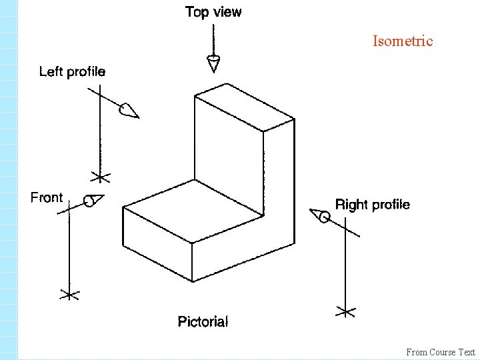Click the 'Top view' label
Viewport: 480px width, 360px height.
coord(213,12)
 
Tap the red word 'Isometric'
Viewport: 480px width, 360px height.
coord(403,41)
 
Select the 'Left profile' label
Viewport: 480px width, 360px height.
coord(72,71)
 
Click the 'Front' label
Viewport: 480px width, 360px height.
coord(47,197)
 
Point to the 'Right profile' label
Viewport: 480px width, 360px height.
coord(372,205)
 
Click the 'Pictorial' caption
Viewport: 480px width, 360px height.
coord(203,322)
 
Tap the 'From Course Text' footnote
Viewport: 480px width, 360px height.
coord(441,352)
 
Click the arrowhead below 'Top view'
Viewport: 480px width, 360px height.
coord(214,64)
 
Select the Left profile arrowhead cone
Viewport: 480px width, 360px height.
coord(129,111)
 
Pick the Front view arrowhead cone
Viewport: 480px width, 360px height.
coord(93,200)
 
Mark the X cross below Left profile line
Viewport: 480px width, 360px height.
coord(101,177)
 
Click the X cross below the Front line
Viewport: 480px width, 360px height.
coord(69,294)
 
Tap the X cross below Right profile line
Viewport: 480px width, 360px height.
coord(345,311)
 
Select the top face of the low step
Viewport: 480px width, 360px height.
coord(193,213)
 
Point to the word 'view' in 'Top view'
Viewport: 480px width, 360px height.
coord(228,12)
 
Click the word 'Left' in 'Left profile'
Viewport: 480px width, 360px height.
coord(51,71)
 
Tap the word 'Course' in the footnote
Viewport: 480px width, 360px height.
coord(443,352)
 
